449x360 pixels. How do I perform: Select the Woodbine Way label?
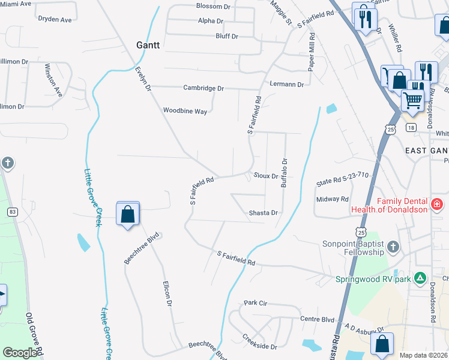click(x=185, y=111)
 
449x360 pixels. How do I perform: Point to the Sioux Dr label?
click(x=265, y=176)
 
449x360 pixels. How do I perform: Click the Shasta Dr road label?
click(x=264, y=213)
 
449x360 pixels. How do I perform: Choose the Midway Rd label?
click(x=331, y=199)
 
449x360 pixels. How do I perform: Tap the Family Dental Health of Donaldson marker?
click(x=437, y=205)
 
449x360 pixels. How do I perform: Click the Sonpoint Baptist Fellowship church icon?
click(x=393, y=247)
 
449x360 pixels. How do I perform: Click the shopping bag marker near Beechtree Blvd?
click(x=128, y=214)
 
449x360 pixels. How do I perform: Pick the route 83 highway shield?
click(x=12, y=211)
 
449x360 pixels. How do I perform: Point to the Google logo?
click(x=20, y=353)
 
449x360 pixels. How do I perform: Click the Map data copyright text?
click(x=423, y=355)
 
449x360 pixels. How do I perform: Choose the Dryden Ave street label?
click(x=55, y=19)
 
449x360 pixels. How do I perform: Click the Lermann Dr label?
click(x=287, y=85)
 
